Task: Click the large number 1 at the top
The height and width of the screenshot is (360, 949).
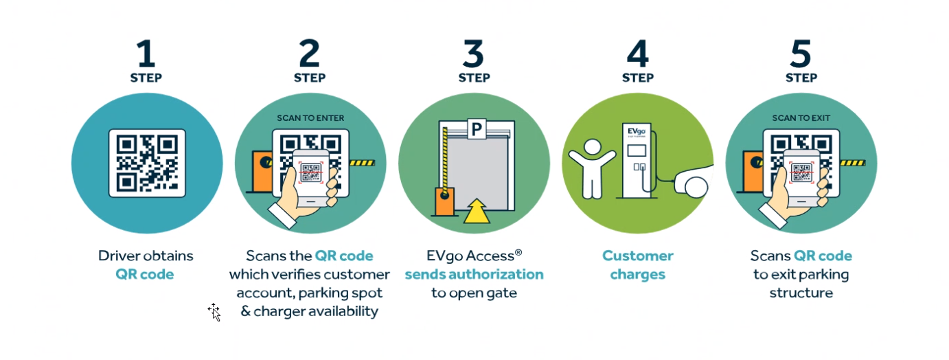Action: click(x=146, y=54)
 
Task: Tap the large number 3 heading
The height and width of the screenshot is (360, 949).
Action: click(x=473, y=54)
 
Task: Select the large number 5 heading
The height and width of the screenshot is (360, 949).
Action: click(x=801, y=54)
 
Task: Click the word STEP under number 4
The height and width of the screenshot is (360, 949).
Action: click(x=638, y=78)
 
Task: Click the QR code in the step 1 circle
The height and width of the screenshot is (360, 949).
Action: click(x=147, y=164)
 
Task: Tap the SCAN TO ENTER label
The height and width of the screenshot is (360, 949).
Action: click(x=310, y=118)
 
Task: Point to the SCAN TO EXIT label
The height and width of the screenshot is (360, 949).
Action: click(x=801, y=118)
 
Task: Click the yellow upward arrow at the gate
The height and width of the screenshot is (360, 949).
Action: click(x=477, y=211)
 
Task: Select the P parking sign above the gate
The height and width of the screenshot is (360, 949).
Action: click(x=477, y=129)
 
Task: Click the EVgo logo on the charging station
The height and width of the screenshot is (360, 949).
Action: click(x=637, y=131)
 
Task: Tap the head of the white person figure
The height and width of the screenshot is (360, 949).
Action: click(x=592, y=148)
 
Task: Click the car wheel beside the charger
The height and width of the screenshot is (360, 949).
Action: click(x=696, y=188)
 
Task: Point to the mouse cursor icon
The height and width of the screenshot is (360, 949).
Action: click(x=214, y=313)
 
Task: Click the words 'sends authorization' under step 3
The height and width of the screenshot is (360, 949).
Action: click(x=474, y=274)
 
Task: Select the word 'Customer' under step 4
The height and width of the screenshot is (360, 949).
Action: click(x=638, y=256)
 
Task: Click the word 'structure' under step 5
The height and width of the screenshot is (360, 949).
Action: click(x=801, y=293)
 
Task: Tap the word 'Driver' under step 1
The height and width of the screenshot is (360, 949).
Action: click(x=119, y=256)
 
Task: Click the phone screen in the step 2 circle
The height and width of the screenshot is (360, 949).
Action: click(x=311, y=174)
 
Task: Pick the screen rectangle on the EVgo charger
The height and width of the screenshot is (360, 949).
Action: click(x=637, y=150)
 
